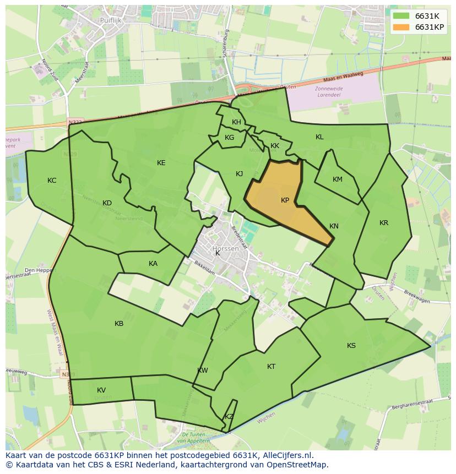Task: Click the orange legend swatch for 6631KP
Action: (401, 27)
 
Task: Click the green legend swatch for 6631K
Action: (401, 16)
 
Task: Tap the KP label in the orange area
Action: (285, 200)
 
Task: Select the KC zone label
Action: (52, 181)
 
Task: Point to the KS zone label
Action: (351, 346)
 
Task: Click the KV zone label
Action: (101, 390)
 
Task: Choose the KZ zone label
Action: (229, 417)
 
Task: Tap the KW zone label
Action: (203, 371)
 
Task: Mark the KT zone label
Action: (271, 367)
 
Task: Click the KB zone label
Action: (119, 324)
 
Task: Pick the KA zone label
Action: (153, 264)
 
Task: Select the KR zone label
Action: (384, 223)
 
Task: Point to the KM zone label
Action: (338, 179)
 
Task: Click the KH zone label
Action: (236, 122)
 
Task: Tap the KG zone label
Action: (230, 138)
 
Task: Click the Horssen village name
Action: (226, 249)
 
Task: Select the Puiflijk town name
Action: (110, 20)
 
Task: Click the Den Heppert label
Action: (37, 270)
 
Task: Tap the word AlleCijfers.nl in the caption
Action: (286, 456)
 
